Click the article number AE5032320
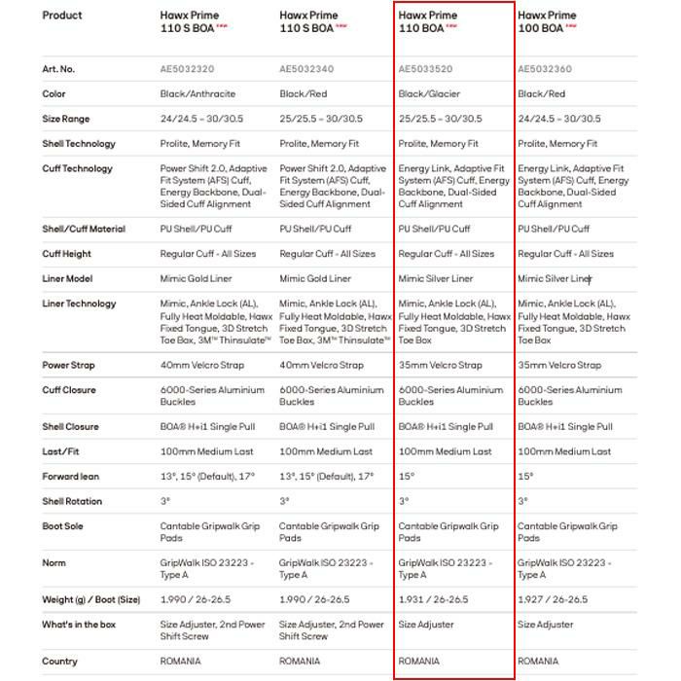tap(187, 69)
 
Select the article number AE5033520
tap(426, 69)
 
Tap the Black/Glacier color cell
tap(429, 94)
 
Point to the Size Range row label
tap(66, 119)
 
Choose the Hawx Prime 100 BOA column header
tap(546, 22)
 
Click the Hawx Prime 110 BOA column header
tap(427, 22)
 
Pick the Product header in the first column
tap(62, 16)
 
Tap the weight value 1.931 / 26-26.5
tap(433, 599)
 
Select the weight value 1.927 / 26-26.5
tap(553, 599)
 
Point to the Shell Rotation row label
tap(71, 501)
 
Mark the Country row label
tap(59, 662)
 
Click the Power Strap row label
tap(69, 366)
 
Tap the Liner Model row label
tap(68, 278)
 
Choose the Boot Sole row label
tap(63, 526)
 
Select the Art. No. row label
tap(58, 69)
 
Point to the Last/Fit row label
tap(62, 451)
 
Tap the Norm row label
tap(54, 563)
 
